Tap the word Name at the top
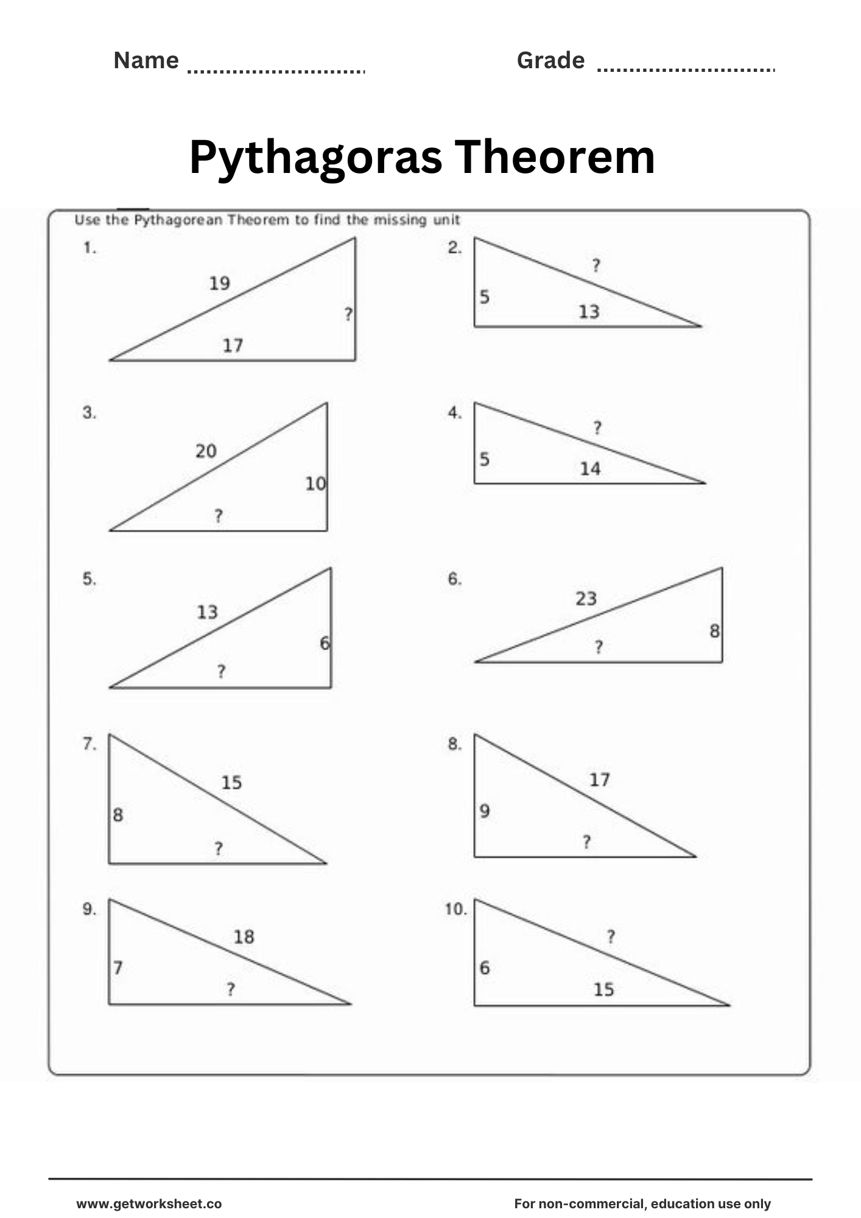coord(146,61)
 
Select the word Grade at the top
coord(550,61)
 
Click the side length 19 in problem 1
coord(219,283)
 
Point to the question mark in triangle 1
coord(348,314)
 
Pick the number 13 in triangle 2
coord(589,312)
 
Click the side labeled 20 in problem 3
coord(206,451)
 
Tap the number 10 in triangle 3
coord(315,484)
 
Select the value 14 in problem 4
coord(590,469)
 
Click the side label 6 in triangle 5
coord(325,643)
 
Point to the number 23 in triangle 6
coord(586,599)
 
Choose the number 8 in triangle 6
coord(715,631)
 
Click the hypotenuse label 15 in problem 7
coord(231,783)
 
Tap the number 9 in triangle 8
coord(485,811)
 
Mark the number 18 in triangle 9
coord(244,937)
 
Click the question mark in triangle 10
coord(611,937)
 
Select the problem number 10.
coord(455,910)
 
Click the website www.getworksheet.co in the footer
coord(149,1204)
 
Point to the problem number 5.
coord(90,579)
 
